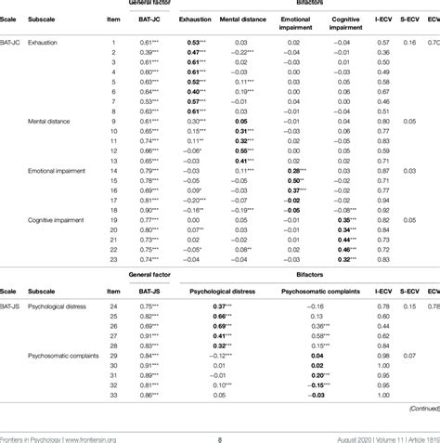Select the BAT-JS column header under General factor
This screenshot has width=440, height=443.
click(153, 290)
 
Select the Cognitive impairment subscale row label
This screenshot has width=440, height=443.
click(58, 220)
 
